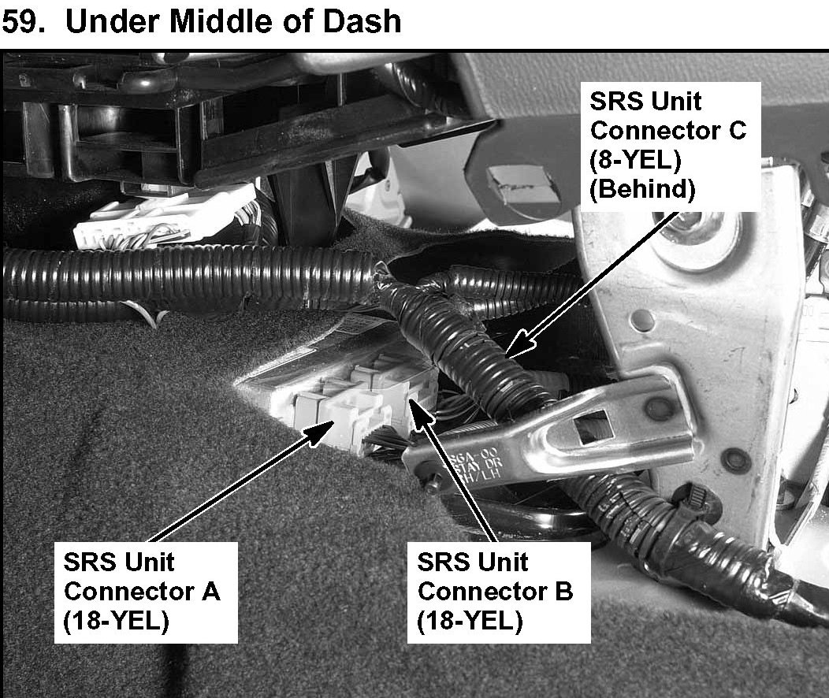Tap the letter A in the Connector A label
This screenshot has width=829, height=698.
(x=210, y=591)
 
